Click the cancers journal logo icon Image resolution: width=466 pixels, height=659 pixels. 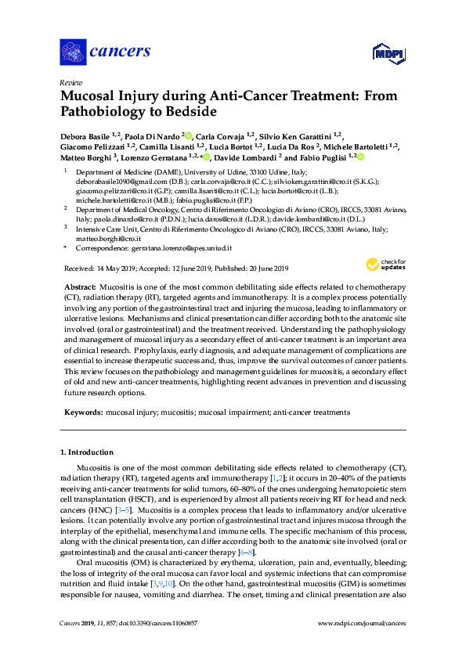[72, 52]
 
